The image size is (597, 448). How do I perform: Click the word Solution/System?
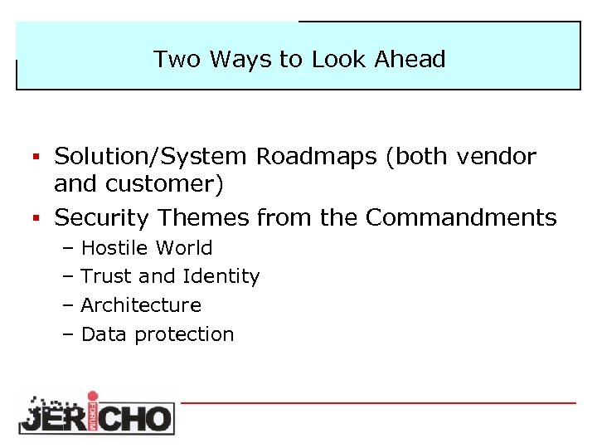click(151, 156)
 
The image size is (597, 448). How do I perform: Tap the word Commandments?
click(461, 217)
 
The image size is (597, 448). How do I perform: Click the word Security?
click(103, 217)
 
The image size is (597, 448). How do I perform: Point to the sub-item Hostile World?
click(147, 248)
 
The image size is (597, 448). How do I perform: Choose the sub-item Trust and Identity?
click(170, 276)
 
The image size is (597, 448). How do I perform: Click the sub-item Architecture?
click(141, 305)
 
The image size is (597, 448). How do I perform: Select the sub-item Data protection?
click(158, 334)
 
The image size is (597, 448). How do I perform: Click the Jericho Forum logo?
click(96, 412)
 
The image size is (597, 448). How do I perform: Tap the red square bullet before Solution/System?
click(36, 156)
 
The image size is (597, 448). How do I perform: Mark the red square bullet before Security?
click(36, 217)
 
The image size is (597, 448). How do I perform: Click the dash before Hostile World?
click(68, 248)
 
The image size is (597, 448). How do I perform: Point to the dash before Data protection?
click(68, 334)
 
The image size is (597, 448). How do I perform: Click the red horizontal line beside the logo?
click(378, 402)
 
